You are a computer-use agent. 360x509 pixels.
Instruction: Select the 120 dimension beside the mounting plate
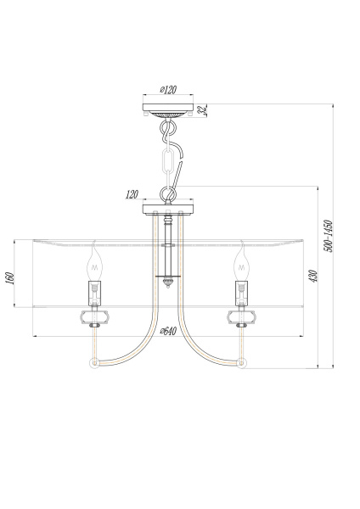[x=132, y=194]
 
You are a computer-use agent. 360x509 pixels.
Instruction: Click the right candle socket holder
[x=242, y=294]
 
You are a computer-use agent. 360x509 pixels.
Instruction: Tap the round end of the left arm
[x=93, y=363]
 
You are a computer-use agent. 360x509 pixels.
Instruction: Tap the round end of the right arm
[x=243, y=363]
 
